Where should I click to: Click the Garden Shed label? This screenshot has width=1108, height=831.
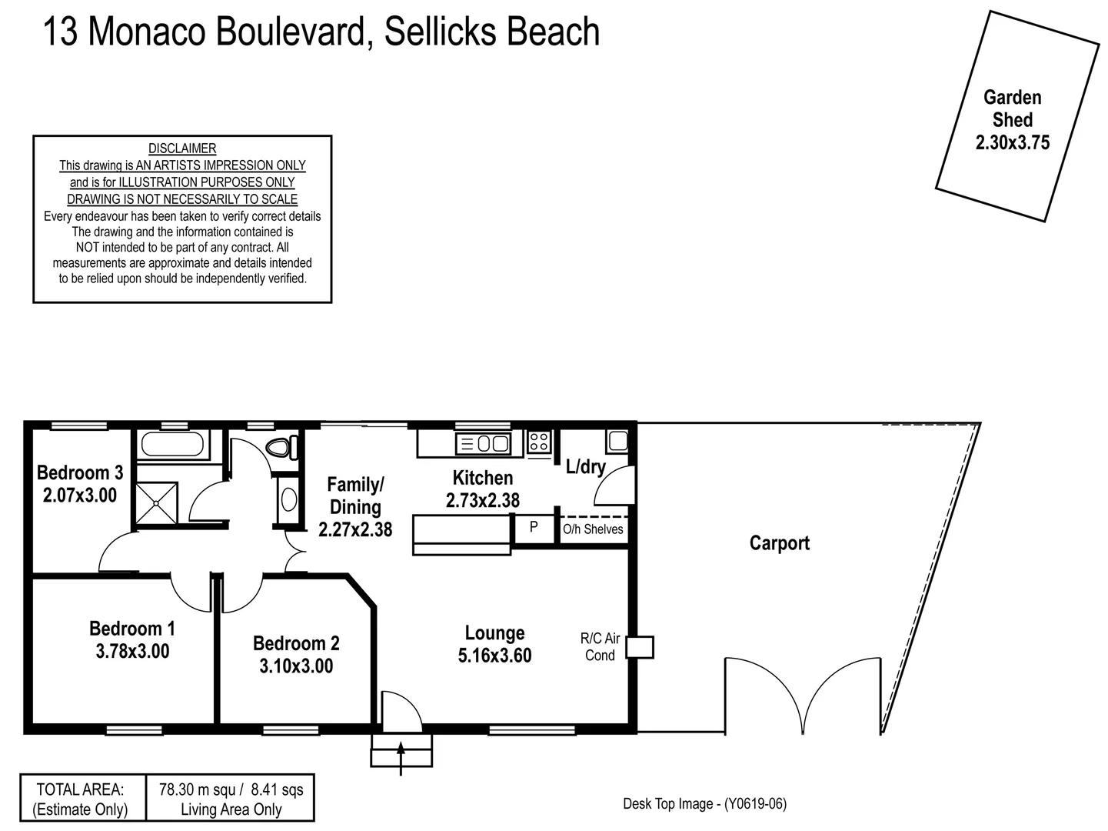coord(1012,108)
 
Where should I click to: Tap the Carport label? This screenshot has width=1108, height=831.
coord(779,543)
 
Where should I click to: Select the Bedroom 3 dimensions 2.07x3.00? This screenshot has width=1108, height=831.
coord(80,496)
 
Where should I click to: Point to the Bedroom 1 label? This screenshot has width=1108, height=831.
coord(132,629)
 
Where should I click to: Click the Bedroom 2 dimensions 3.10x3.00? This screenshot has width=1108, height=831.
coord(296,666)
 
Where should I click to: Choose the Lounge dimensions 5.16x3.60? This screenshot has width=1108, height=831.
coord(494,656)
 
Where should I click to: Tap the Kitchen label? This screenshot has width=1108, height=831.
coord(482,478)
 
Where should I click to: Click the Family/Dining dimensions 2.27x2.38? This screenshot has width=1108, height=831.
coord(355,530)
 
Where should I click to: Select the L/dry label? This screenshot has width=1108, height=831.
coord(585,466)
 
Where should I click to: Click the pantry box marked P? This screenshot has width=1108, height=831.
coord(534,529)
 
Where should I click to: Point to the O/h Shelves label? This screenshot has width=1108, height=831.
coord(593,529)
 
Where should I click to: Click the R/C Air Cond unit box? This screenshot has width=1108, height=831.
coord(639,647)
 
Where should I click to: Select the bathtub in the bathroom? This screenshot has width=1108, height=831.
coord(173,446)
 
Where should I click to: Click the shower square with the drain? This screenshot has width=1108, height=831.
coord(156,503)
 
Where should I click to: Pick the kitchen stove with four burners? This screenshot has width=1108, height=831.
coord(539,442)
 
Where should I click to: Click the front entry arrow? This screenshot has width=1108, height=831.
coord(401,756)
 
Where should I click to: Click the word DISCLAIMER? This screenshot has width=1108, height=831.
coord(182,149)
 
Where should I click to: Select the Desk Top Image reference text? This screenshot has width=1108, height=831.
coord(704,804)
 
